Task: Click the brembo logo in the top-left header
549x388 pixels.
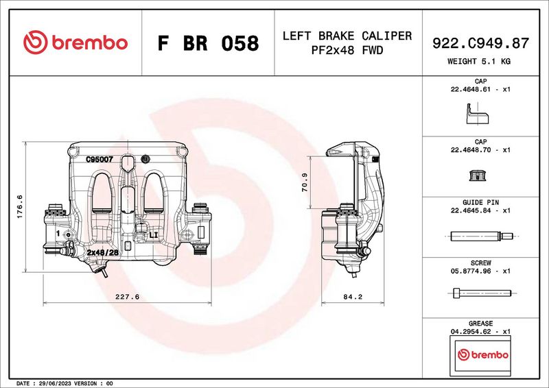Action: point(75,43)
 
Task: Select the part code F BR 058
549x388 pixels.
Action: point(208,43)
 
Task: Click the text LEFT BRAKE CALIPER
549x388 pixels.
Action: point(347,36)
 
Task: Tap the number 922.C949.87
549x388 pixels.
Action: point(480,43)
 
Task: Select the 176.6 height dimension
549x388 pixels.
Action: point(19,206)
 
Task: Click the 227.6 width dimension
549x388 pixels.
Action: point(128,297)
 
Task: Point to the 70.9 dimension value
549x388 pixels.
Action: point(305,182)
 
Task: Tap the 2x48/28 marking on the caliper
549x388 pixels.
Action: point(104,252)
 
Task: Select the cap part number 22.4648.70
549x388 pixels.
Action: point(470,149)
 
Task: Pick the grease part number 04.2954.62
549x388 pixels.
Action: point(470,331)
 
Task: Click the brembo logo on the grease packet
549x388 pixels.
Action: point(482,355)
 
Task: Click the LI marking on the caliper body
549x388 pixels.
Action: point(154,234)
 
